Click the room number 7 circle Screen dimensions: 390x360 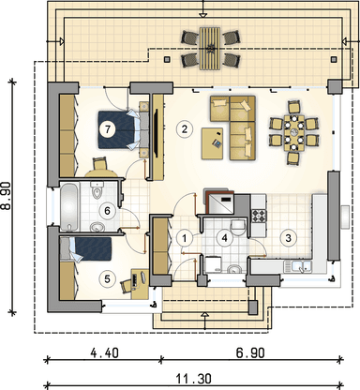pyautogui.click(x=109, y=131)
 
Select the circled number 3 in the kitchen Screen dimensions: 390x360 pyautogui.click(x=290, y=238)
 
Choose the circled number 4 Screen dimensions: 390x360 pyautogui.click(x=109, y=277)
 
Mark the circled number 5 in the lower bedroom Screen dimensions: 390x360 pyautogui.click(x=109, y=211)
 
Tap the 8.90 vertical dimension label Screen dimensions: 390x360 pyautogui.click(x=8, y=198)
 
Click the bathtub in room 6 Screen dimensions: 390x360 pyautogui.click(x=71, y=205)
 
